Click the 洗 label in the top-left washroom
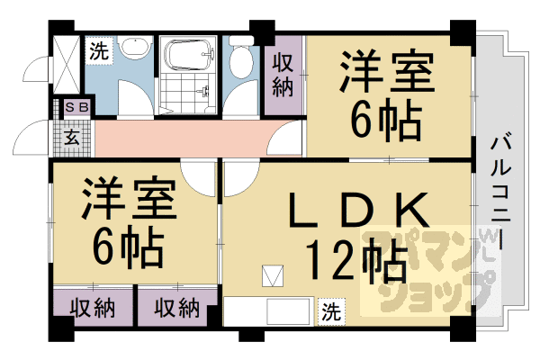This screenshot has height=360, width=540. [98, 51]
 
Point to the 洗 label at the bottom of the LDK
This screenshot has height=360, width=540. [331, 312]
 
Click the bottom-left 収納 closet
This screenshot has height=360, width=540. [91, 308]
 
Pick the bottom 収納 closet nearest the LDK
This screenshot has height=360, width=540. [175, 308]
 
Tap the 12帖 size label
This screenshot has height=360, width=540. [346, 262]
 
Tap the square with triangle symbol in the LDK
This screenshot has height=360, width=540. [272, 275]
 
